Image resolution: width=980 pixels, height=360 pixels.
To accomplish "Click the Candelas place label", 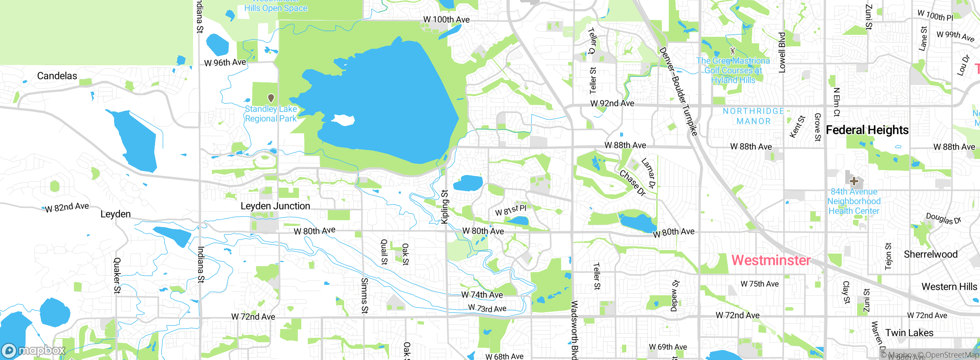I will pyautogui.click(x=57, y=76).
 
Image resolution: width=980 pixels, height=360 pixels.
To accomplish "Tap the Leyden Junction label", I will pyautogui.click(x=275, y=206).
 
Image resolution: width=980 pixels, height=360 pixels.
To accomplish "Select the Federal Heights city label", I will pyautogui.click(x=867, y=130).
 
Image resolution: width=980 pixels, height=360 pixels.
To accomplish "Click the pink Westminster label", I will pyautogui.click(x=771, y=260).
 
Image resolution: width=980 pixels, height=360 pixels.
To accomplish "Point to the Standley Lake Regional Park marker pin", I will pyautogui.click(x=271, y=98).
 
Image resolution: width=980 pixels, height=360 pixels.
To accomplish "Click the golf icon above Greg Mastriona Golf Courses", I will pyautogui.click(x=733, y=51).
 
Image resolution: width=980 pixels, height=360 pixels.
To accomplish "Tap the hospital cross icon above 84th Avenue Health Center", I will pyautogui.click(x=854, y=181).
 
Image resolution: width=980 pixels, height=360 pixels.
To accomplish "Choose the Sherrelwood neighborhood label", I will pyautogui.click(x=931, y=254).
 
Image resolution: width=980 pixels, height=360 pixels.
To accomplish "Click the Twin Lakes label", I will pyautogui.click(x=909, y=333).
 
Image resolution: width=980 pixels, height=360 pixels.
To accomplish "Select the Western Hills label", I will pyautogui.click(x=949, y=287).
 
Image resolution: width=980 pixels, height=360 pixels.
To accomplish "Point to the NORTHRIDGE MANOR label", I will pyautogui.click(x=753, y=116).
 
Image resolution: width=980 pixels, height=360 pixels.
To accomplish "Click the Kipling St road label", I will pyautogui.click(x=444, y=207).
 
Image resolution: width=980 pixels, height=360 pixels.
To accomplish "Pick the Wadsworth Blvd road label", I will pyautogui.click(x=574, y=329).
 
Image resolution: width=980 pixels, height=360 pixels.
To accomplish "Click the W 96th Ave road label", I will pyautogui.click(x=225, y=62).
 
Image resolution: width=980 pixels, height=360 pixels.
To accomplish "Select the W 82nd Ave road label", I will pyautogui.click(x=67, y=207).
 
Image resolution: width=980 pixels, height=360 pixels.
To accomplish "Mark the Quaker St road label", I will pyautogui.click(x=117, y=275).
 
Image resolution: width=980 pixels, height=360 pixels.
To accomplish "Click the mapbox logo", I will pyautogui.click(x=34, y=350).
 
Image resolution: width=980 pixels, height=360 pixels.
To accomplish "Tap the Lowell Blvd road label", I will pyautogui.click(x=782, y=52).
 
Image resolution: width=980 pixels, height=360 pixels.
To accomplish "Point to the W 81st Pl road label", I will pyautogui.click(x=511, y=210).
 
